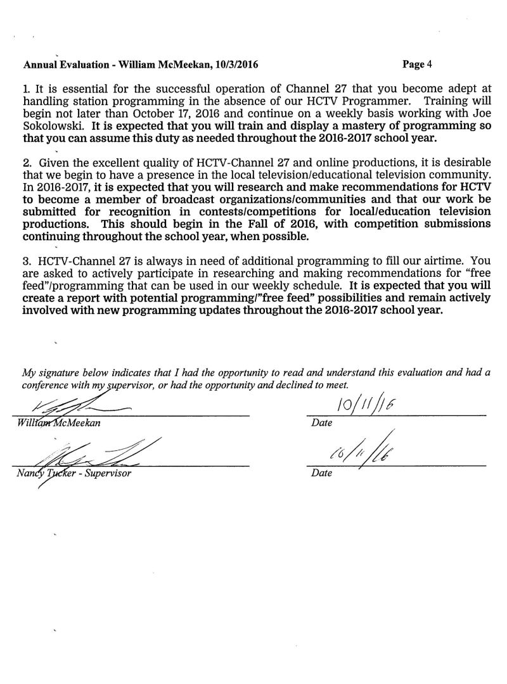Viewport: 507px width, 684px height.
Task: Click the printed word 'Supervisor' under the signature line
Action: (110, 474)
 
